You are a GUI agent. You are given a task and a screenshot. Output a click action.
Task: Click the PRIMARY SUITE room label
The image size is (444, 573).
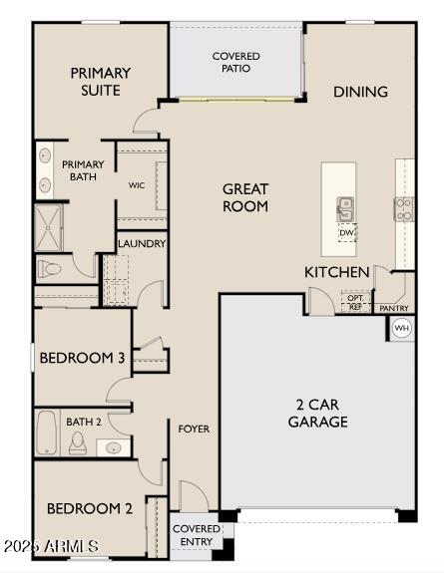pyautogui.click(x=100, y=81)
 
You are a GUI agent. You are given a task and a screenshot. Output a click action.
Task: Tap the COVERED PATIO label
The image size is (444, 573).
pyautogui.click(x=236, y=62)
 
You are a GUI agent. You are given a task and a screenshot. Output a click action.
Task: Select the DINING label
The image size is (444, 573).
pyautogui.click(x=360, y=92)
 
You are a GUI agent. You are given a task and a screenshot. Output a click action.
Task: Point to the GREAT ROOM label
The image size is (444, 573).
pyautogui.click(x=244, y=197)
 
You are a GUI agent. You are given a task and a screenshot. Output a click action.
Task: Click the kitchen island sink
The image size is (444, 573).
pyautogui.click(x=345, y=208)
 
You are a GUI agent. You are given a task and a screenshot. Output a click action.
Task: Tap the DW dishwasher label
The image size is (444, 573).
pyautogui.click(x=346, y=233)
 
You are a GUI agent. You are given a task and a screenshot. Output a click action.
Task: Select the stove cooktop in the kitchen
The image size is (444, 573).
pyautogui.click(x=404, y=208)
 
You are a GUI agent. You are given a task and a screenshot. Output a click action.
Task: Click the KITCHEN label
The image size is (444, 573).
pyautogui.click(x=337, y=272)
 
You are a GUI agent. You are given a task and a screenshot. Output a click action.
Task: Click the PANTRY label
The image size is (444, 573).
pyautogui.click(x=395, y=309)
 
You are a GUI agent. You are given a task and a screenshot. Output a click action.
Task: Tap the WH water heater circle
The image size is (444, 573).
pyautogui.click(x=401, y=328)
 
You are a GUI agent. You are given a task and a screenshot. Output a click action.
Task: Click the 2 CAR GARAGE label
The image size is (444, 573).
pyautogui.click(x=318, y=413)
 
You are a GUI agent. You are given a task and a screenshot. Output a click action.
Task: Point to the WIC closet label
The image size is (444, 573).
pyautogui.click(x=138, y=185)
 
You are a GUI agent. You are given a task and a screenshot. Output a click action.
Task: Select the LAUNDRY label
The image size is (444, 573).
pyautogui.click(x=142, y=243)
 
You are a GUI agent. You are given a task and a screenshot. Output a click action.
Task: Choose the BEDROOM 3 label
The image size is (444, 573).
pyautogui.click(x=83, y=358)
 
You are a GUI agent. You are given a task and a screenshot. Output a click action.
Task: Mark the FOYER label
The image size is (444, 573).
pyautogui.click(x=194, y=429)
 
